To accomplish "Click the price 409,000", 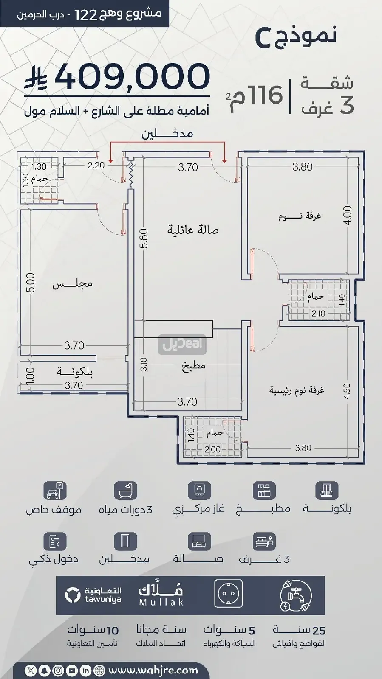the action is (x=132, y=76).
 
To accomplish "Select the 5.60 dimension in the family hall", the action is (x=145, y=238).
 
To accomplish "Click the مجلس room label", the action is (x=72, y=284).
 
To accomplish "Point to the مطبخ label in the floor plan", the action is (x=194, y=366).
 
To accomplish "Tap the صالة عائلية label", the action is (x=193, y=230).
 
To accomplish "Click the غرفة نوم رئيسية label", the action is (x=297, y=390).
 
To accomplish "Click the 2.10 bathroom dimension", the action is (x=318, y=314).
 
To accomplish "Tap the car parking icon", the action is (x=55, y=490).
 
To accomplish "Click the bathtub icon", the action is (x=125, y=490).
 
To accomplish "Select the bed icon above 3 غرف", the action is (x=264, y=541).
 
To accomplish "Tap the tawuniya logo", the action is (x=93, y=595).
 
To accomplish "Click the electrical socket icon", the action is (x=228, y=594).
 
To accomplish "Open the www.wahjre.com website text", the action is (x=153, y=670).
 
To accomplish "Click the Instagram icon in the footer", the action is (x=58, y=671).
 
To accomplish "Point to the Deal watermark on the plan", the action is (x=182, y=344).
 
